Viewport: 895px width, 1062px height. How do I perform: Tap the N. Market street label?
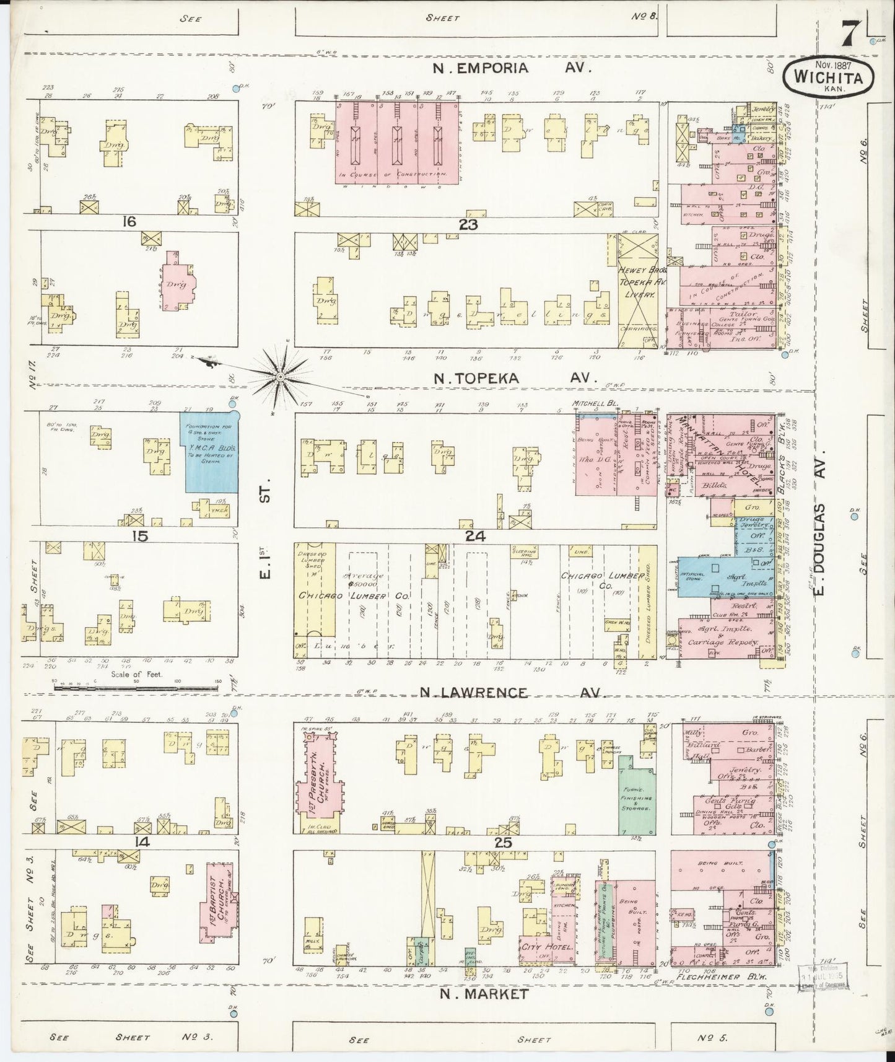pyautogui.click(x=484, y=1011)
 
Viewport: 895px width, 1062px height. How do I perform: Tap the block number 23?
pyautogui.click(x=468, y=226)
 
